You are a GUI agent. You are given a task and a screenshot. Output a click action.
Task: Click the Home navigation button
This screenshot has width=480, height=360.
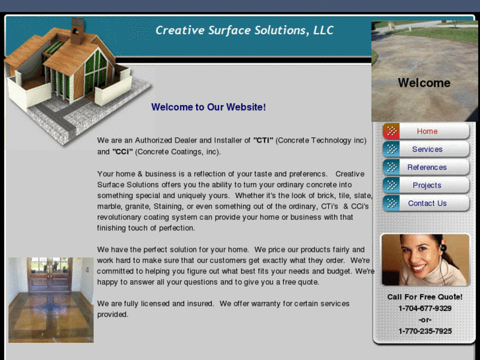point(427,131)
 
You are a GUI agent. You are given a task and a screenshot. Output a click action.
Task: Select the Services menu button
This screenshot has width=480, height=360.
point(427,149)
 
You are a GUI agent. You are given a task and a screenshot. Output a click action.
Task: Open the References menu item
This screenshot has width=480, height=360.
point(427,167)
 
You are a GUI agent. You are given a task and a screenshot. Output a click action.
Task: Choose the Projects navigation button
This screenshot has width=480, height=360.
point(427,186)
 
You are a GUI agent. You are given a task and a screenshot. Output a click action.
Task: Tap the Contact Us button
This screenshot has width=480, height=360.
point(427,203)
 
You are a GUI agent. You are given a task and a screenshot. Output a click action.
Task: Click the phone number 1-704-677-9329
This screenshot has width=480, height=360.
point(425,308)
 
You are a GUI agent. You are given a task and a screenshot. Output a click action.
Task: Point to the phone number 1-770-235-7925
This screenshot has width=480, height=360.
point(425,331)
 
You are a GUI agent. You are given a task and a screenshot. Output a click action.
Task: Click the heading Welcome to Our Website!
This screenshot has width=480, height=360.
point(208,107)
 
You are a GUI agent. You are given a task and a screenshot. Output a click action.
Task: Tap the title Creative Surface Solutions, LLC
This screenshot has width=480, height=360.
point(244,30)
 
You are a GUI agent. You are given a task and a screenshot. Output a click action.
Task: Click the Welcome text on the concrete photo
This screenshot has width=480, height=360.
point(424,83)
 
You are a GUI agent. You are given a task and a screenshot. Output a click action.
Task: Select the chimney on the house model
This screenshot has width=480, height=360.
point(78,30)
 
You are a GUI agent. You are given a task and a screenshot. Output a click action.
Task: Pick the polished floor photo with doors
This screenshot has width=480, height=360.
point(51,300)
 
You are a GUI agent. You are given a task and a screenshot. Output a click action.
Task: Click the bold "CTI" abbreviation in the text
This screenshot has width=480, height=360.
point(263,141)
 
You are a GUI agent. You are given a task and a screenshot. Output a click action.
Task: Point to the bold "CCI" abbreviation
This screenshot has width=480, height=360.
point(123,152)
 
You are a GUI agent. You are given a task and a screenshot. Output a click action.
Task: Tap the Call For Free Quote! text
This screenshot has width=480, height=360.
point(425,297)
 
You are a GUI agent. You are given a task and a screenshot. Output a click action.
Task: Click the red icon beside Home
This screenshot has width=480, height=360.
point(391,131)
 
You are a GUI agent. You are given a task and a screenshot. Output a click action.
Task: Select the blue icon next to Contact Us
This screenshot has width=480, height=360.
point(391,203)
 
